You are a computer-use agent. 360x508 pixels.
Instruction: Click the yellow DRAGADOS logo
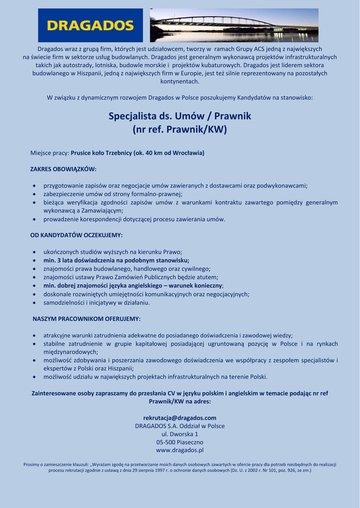coord(90,25)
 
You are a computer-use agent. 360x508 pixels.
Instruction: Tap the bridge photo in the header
coord(234,25)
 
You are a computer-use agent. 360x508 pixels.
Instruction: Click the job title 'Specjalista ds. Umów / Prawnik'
coord(180,116)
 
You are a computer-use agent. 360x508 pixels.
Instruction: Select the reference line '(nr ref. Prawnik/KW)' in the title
coord(180,130)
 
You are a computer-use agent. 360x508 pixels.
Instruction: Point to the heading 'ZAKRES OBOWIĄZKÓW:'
coord(64,169)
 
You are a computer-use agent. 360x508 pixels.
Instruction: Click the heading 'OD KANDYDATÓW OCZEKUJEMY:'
coord(76,235)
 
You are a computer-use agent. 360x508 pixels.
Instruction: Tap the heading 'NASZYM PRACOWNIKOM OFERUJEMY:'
coord(86,318)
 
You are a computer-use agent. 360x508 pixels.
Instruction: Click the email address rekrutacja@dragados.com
coord(180,418)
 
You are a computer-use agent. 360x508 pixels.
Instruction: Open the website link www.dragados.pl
coord(180,450)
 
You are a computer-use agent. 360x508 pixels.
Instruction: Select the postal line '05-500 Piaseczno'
coord(180,442)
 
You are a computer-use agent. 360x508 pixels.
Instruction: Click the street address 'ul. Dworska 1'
coord(180,434)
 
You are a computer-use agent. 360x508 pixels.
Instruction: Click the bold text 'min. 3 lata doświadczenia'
coord(84,260)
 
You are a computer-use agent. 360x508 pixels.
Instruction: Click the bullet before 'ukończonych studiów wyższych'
coord(34,252)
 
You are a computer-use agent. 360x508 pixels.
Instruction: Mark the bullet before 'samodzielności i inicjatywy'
coord(34,303)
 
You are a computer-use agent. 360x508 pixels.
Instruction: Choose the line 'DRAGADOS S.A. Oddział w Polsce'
coord(180,426)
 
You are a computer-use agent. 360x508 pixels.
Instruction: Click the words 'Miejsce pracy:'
coord(50,153)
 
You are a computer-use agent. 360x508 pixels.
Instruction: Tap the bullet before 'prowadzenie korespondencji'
coord(34,219)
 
